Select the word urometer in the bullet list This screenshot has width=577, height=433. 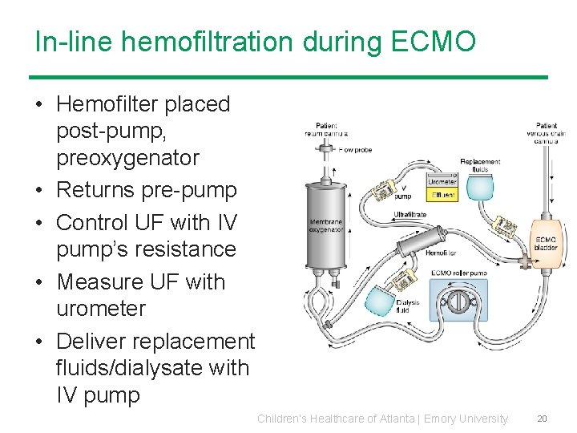[101, 309]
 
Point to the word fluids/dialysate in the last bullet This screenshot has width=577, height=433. [152, 368]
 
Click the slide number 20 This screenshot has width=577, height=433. [542, 419]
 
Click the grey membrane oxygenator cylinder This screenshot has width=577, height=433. [327, 226]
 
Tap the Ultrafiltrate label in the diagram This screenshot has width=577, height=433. [410, 214]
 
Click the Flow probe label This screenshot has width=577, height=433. [356, 149]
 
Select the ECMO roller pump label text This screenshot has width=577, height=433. [458, 273]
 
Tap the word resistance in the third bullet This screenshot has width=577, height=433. [146, 249]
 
